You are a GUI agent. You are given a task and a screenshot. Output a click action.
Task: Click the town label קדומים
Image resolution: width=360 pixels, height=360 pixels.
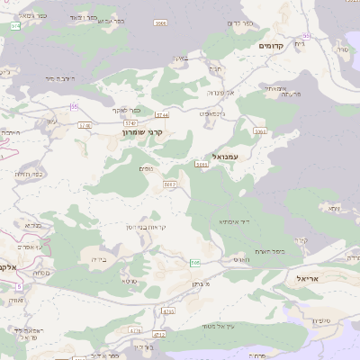(x=271, y=45)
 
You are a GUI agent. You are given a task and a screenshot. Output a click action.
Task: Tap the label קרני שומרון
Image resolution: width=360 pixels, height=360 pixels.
(x=147, y=132)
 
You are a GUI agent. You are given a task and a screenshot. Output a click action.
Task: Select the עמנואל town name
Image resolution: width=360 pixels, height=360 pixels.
(x=221, y=157)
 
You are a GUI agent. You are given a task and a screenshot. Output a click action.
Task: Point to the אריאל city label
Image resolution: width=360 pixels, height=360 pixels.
(x=307, y=279)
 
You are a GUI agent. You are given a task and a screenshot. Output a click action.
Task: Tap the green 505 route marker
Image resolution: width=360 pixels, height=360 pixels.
(x=193, y=262)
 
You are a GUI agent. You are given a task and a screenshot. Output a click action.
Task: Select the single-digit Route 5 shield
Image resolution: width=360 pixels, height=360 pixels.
(x=17, y=286)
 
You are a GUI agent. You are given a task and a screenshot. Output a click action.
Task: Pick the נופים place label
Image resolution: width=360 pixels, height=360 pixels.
(x=146, y=168)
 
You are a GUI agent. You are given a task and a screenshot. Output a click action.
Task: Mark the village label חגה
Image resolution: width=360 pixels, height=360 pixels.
(x=214, y=67)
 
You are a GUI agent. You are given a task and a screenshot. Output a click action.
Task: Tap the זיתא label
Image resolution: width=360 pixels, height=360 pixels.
(x=334, y=208)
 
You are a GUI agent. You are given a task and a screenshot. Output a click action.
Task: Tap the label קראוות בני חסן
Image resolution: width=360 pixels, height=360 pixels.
(x=166, y=227)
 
